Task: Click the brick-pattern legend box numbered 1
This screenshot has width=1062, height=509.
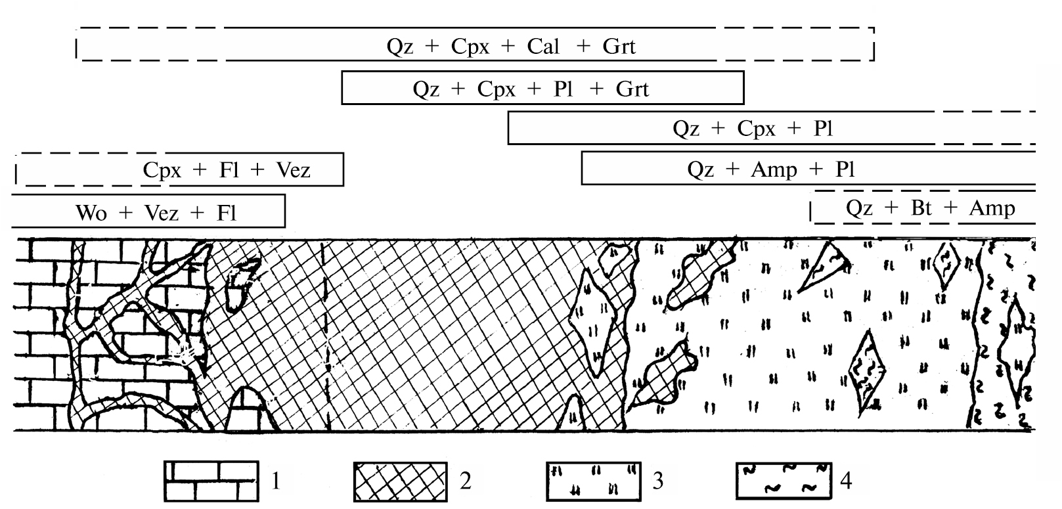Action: pyautogui.click(x=210, y=481)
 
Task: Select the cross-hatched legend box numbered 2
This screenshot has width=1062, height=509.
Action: pyautogui.click(x=400, y=481)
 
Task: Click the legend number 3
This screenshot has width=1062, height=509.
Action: pyautogui.click(x=657, y=481)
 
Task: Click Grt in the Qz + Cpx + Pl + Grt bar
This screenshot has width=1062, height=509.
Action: pyautogui.click(x=632, y=89)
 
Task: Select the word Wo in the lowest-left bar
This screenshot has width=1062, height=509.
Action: pyautogui.click(x=91, y=213)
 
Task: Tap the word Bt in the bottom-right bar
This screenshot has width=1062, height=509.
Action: pyautogui.click(x=921, y=208)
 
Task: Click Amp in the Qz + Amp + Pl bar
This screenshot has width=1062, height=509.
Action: pyautogui.click(x=774, y=170)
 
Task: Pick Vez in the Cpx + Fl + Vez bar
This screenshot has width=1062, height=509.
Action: pyautogui.click(x=293, y=171)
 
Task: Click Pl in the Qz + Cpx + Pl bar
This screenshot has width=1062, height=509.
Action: pyautogui.click(x=824, y=128)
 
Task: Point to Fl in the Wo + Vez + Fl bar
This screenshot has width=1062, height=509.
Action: pyautogui.click(x=226, y=213)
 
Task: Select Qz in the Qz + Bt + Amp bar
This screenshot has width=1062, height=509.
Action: pyautogui.click(x=859, y=208)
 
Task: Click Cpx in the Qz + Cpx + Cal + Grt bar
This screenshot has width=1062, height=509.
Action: pyautogui.click(x=470, y=46)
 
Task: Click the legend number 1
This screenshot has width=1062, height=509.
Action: pyautogui.click(x=276, y=481)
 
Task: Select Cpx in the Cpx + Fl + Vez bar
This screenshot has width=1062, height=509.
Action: pyautogui.click(x=162, y=171)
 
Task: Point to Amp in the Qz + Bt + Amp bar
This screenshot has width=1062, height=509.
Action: pyautogui.click(x=992, y=208)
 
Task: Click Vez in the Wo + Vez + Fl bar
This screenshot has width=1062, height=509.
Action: pyautogui.click(x=161, y=213)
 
